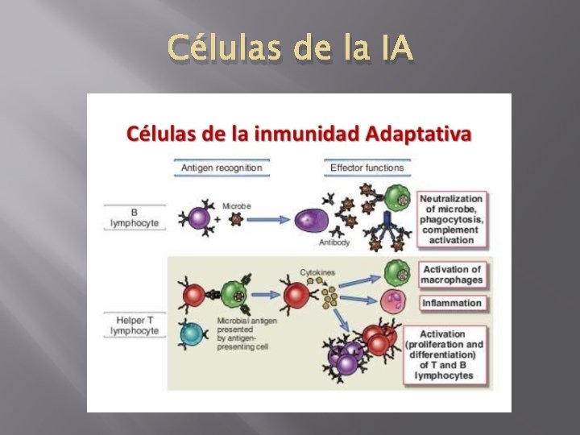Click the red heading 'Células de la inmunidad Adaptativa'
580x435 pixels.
coord(299,134)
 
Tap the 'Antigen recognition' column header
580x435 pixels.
coord(221,168)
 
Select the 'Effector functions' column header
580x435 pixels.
coord(367,168)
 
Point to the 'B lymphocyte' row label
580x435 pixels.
coord(135,217)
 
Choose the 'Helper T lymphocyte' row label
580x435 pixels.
coord(135,325)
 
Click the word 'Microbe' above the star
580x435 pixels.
coord(236,206)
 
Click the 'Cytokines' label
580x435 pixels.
coord(317,273)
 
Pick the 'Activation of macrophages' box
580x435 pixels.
coord(451,275)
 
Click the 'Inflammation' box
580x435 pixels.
coord(451,304)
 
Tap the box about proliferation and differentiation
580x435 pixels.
coord(451,354)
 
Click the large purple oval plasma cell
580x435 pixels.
coord(309,220)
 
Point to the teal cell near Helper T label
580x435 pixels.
coord(193,332)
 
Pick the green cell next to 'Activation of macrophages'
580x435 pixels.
coord(395,271)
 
